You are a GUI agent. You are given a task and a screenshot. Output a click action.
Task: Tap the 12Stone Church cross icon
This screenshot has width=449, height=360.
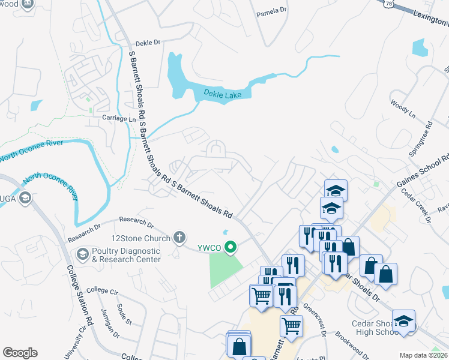(x=178, y=237)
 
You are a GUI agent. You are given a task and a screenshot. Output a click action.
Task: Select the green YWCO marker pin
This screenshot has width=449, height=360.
(x=230, y=247)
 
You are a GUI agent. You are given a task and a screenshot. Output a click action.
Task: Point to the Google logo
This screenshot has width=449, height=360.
(x=20, y=353)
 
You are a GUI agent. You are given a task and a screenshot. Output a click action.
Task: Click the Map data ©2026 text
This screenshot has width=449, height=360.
(x=424, y=355)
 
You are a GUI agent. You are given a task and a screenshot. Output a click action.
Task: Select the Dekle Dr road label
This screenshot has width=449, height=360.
(x=148, y=43)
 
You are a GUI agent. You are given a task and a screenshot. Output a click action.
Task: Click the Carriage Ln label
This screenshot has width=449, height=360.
(x=119, y=119)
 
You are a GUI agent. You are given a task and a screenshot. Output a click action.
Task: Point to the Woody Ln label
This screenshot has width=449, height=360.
(x=402, y=107)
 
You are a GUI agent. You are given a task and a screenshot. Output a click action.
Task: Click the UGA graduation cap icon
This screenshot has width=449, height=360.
(x=25, y=199)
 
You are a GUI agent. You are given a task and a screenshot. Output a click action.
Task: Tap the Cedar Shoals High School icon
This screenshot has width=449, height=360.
(x=403, y=322)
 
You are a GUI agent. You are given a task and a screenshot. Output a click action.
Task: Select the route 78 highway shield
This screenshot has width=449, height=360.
(x=389, y=4)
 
